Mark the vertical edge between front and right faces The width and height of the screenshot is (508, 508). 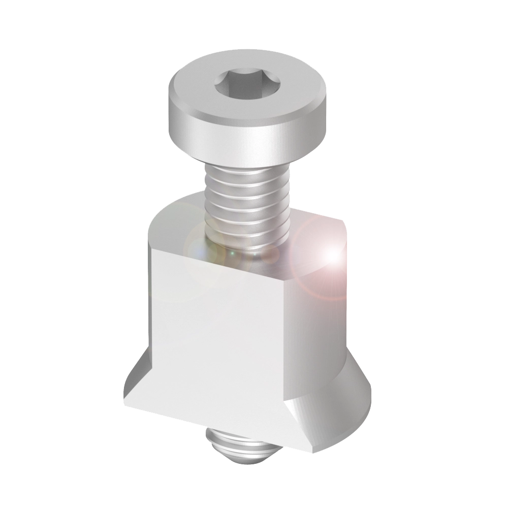(288, 345)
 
